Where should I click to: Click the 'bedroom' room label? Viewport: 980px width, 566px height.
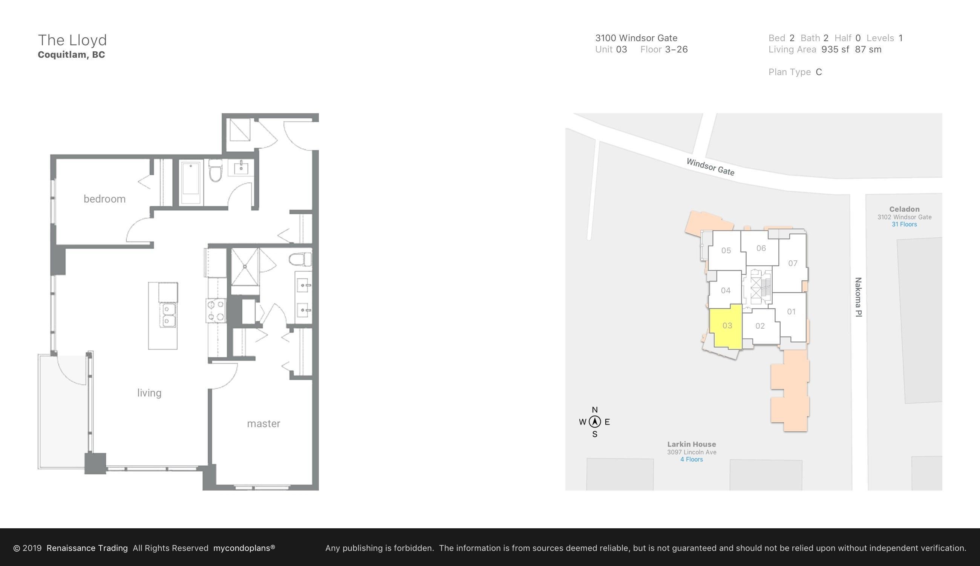pyautogui.click(x=104, y=199)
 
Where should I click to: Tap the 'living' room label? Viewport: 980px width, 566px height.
pyautogui.click(x=149, y=393)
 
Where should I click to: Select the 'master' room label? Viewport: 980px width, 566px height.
pyautogui.click(x=263, y=424)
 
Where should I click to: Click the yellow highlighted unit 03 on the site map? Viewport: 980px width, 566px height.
pyautogui.click(x=726, y=326)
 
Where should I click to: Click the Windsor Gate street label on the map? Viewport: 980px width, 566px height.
pyautogui.click(x=710, y=167)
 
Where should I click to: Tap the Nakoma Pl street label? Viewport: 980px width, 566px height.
pyautogui.click(x=859, y=297)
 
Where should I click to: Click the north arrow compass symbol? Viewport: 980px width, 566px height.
pyautogui.click(x=594, y=422)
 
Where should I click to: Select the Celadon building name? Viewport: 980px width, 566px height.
pyautogui.click(x=904, y=209)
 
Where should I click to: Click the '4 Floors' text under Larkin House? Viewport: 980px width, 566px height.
pyautogui.click(x=692, y=460)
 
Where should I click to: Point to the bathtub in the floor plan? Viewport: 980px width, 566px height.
pyautogui.click(x=191, y=182)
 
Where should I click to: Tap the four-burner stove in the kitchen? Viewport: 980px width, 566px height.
pyautogui.click(x=216, y=311)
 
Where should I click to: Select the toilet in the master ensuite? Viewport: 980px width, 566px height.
pyautogui.click(x=300, y=259)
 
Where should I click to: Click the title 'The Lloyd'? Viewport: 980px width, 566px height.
pyautogui.click(x=72, y=40)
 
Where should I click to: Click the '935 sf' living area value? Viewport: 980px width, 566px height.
pyautogui.click(x=835, y=49)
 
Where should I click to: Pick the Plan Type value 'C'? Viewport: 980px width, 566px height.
pyautogui.click(x=819, y=72)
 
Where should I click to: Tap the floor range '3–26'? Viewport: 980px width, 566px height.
pyautogui.click(x=676, y=49)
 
